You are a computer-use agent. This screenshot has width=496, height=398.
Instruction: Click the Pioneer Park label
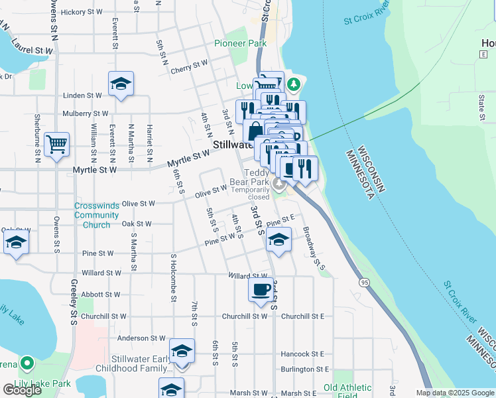tap(239, 44)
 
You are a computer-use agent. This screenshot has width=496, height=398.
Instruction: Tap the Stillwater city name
tap(231, 145)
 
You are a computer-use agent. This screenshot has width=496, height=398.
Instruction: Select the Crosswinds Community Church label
tap(97, 216)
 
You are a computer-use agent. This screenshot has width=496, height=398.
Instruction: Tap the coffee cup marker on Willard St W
tap(260, 289)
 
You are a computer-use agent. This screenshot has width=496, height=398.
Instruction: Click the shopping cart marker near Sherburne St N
tap(56, 144)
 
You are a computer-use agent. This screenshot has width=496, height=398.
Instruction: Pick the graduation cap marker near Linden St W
tap(121, 84)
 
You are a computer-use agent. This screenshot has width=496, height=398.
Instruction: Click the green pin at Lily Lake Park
tap(27, 364)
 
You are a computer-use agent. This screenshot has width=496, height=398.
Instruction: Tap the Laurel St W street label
tap(31, 50)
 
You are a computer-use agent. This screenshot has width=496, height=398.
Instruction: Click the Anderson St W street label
tap(141, 338)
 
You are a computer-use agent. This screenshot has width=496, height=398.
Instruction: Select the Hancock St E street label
tap(302, 354)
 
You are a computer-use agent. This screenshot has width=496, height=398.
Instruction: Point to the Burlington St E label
tap(304, 369)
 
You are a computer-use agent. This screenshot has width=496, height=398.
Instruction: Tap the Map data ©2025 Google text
tap(455, 393)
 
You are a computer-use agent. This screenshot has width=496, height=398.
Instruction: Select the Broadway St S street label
tap(314, 249)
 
